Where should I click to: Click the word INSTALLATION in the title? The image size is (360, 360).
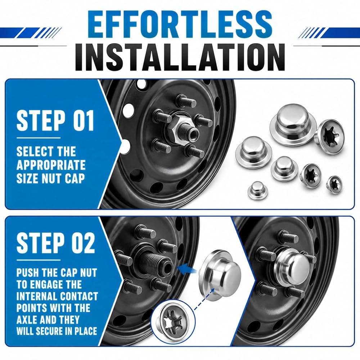[180, 57]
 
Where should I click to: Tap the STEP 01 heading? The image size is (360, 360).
[55, 120]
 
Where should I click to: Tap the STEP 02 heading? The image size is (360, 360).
[56, 243]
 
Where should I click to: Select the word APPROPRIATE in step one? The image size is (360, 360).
[51, 165]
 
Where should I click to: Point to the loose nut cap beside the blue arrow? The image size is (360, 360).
[220, 275]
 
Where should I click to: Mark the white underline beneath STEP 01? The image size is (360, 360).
[39, 138]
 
